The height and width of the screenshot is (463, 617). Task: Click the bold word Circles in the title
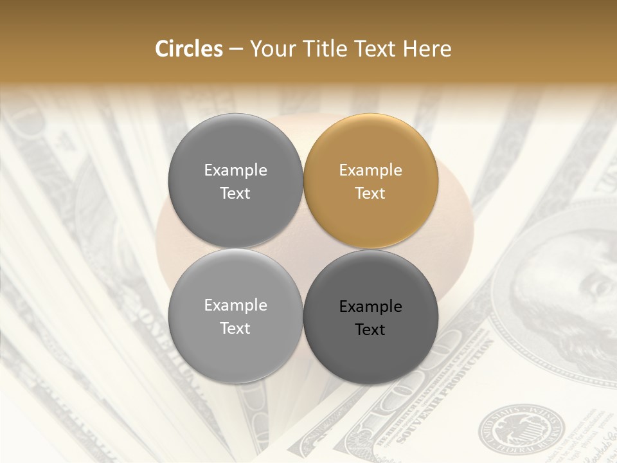tap(188, 49)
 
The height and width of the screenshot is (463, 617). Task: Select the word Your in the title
tap(269, 49)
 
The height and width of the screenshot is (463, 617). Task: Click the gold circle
tap(371, 181)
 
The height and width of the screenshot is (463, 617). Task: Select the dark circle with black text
tap(371, 317)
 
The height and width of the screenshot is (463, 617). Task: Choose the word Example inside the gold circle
tap(370, 170)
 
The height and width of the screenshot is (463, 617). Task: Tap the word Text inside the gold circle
tap(370, 193)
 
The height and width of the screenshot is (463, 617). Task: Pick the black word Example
tap(370, 307)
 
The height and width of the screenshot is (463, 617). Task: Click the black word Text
tap(370, 330)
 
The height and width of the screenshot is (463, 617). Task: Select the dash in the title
tap(235, 50)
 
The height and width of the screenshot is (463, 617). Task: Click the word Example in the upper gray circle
tap(235, 170)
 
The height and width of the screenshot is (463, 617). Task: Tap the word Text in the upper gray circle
tap(235, 193)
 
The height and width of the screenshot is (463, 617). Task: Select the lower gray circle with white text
tap(235, 316)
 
